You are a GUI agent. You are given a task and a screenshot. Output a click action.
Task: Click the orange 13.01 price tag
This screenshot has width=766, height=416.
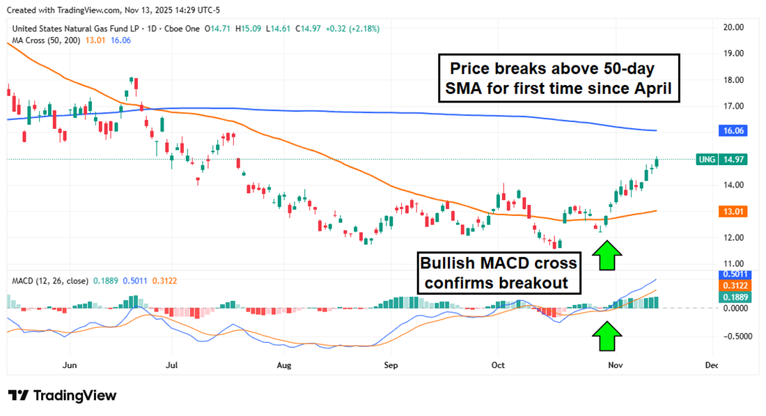[733, 212]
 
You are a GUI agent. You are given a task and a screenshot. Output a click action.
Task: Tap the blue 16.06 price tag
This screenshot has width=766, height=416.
[733, 130]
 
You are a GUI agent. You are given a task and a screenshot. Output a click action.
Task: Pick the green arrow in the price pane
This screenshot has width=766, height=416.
[607, 256]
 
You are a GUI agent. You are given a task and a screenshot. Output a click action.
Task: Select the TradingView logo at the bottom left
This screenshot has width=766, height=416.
[62, 395]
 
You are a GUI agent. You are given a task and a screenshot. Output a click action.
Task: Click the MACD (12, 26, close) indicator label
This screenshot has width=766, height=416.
[50, 281]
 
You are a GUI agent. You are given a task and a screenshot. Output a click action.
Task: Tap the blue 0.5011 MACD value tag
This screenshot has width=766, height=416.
[734, 275]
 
